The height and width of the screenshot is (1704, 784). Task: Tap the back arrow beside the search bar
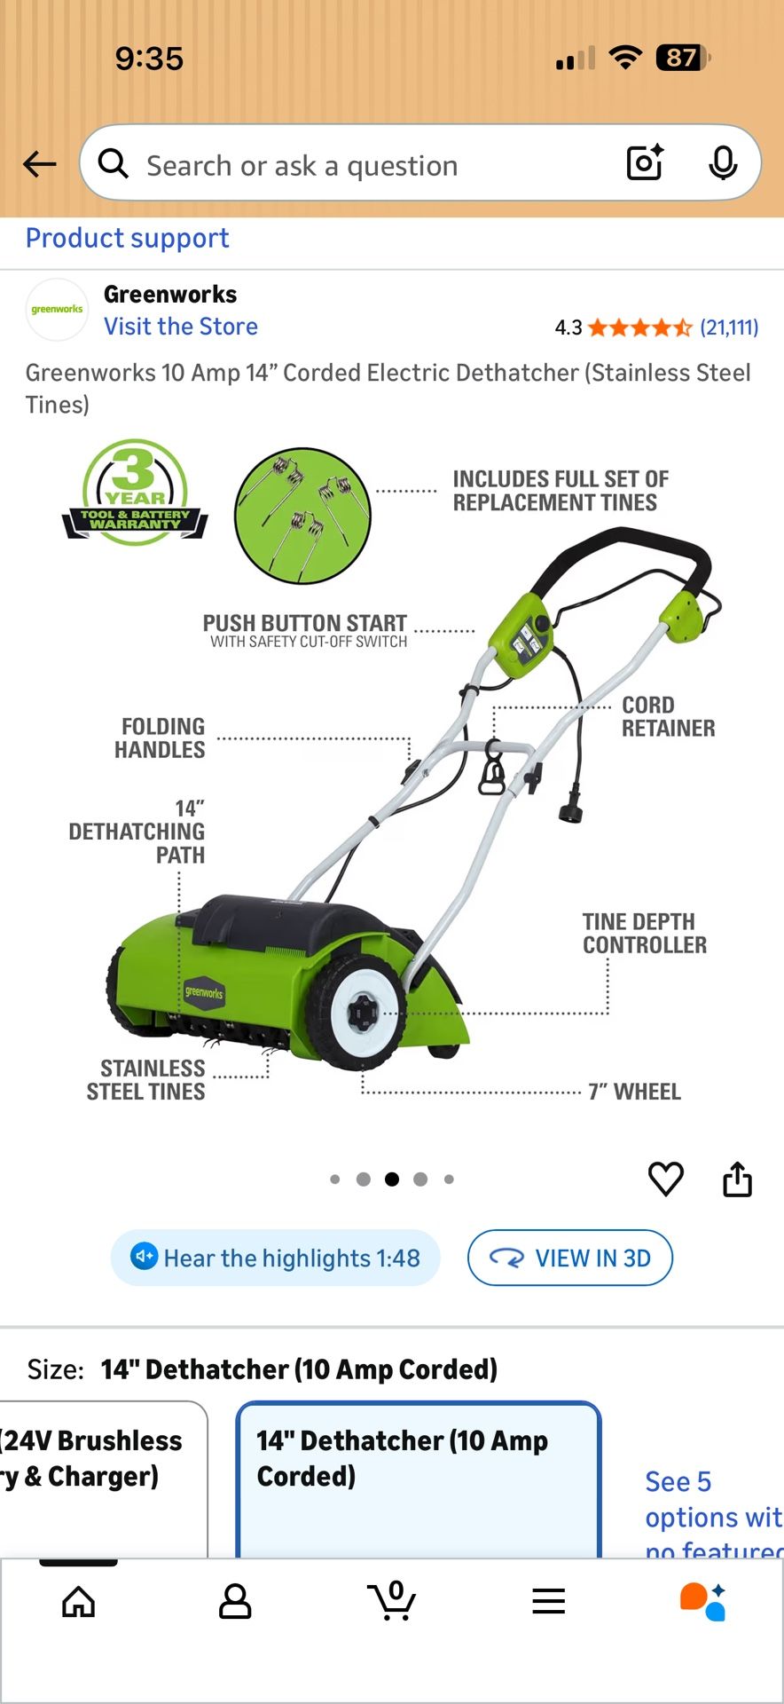[x=39, y=164]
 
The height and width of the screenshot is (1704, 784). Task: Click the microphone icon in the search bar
[x=723, y=163]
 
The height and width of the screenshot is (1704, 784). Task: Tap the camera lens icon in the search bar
[x=645, y=162]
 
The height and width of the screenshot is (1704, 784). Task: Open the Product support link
[x=128, y=238]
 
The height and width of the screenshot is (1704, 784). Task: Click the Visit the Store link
[x=181, y=327]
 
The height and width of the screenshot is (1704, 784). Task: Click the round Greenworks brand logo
[x=57, y=310]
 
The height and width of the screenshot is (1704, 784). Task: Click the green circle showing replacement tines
[x=302, y=516]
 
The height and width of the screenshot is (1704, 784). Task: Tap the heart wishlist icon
[x=666, y=1179]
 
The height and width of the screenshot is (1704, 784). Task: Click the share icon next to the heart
[x=737, y=1179]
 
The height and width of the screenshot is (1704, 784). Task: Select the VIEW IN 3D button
[x=570, y=1258]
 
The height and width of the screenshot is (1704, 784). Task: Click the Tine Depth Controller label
[x=645, y=934]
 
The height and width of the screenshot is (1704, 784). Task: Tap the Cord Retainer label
[x=668, y=716]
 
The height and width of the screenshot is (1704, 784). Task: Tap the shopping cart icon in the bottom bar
[x=392, y=1600]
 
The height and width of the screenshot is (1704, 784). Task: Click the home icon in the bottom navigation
[x=78, y=1601]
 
